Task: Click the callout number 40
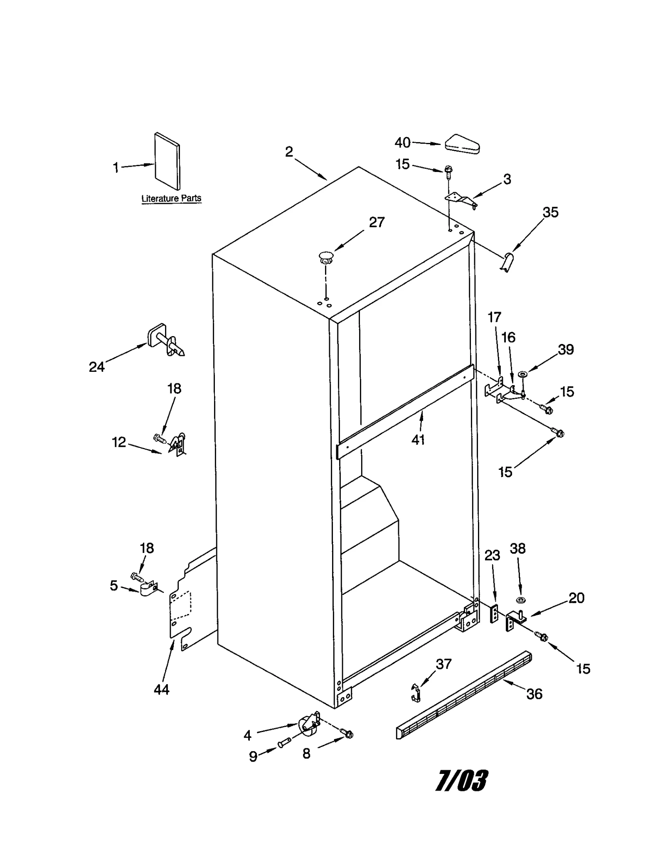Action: (402, 142)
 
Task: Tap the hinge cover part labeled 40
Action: (462, 144)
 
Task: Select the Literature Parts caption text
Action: (171, 198)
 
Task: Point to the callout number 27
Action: (377, 222)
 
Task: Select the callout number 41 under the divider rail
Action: (418, 440)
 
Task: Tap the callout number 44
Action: (161, 690)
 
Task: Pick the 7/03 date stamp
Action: (461, 781)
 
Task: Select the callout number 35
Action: (550, 212)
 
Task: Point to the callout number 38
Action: (517, 548)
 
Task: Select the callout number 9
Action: (253, 756)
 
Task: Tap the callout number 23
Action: (492, 555)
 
